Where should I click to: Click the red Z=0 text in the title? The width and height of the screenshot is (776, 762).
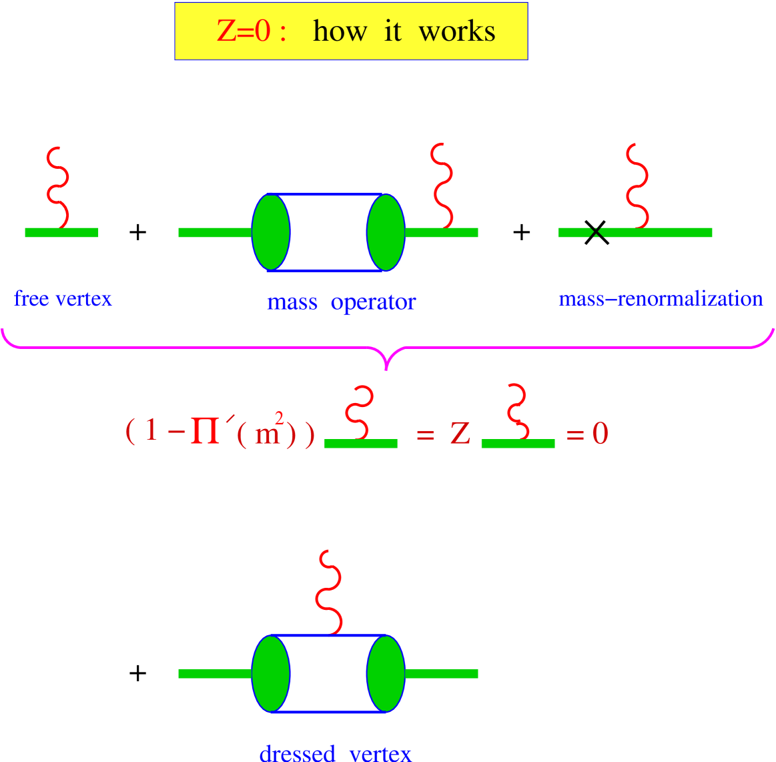pyautogui.click(x=244, y=31)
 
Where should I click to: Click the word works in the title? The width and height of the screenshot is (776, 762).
pyautogui.click(x=457, y=31)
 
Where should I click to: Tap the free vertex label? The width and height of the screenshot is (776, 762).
pyautogui.click(x=63, y=298)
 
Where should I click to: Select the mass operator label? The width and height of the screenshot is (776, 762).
pyautogui.click(x=341, y=302)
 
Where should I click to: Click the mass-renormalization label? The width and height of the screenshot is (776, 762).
pyautogui.click(x=660, y=298)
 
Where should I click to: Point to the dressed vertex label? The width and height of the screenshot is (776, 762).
pyautogui.click(x=335, y=753)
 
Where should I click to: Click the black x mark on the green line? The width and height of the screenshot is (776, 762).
pyautogui.click(x=597, y=232)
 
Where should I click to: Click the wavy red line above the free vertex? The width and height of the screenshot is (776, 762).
pyautogui.click(x=58, y=187)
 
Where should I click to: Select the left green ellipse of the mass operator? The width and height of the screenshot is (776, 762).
pyautogui.click(x=271, y=232)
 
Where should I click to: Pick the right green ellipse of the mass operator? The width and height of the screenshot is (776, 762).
pyautogui.click(x=386, y=232)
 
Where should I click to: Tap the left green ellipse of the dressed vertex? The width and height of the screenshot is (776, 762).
pyautogui.click(x=271, y=674)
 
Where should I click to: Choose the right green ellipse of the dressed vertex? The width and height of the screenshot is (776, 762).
pyautogui.click(x=386, y=674)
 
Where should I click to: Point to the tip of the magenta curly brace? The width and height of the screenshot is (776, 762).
pyautogui.click(x=386, y=367)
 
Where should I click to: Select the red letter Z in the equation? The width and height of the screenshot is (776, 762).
pyautogui.click(x=460, y=434)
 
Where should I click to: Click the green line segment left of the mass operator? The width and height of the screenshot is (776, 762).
pyautogui.click(x=214, y=232)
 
